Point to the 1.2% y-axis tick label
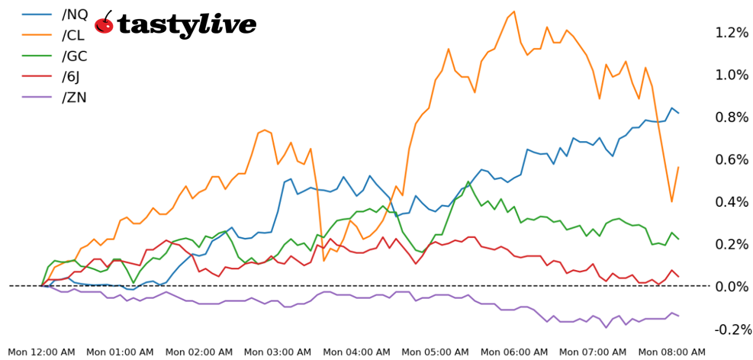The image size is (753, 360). (x=731, y=33)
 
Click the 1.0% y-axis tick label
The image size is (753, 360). (x=731, y=75)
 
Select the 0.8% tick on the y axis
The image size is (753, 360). (x=731, y=117)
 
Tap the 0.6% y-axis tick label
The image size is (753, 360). (x=731, y=159)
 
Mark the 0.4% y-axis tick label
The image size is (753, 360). (x=731, y=202)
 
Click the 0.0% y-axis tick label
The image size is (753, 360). (x=731, y=287)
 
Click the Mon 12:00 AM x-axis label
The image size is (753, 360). (x=41, y=352)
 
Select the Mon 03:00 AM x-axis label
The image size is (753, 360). (x=277, y=352)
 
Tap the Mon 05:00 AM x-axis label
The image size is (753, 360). (x=434, y=352)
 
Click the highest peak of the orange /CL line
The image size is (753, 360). (x=513, y=11)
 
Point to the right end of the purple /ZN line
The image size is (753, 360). (x=678, y=316)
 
